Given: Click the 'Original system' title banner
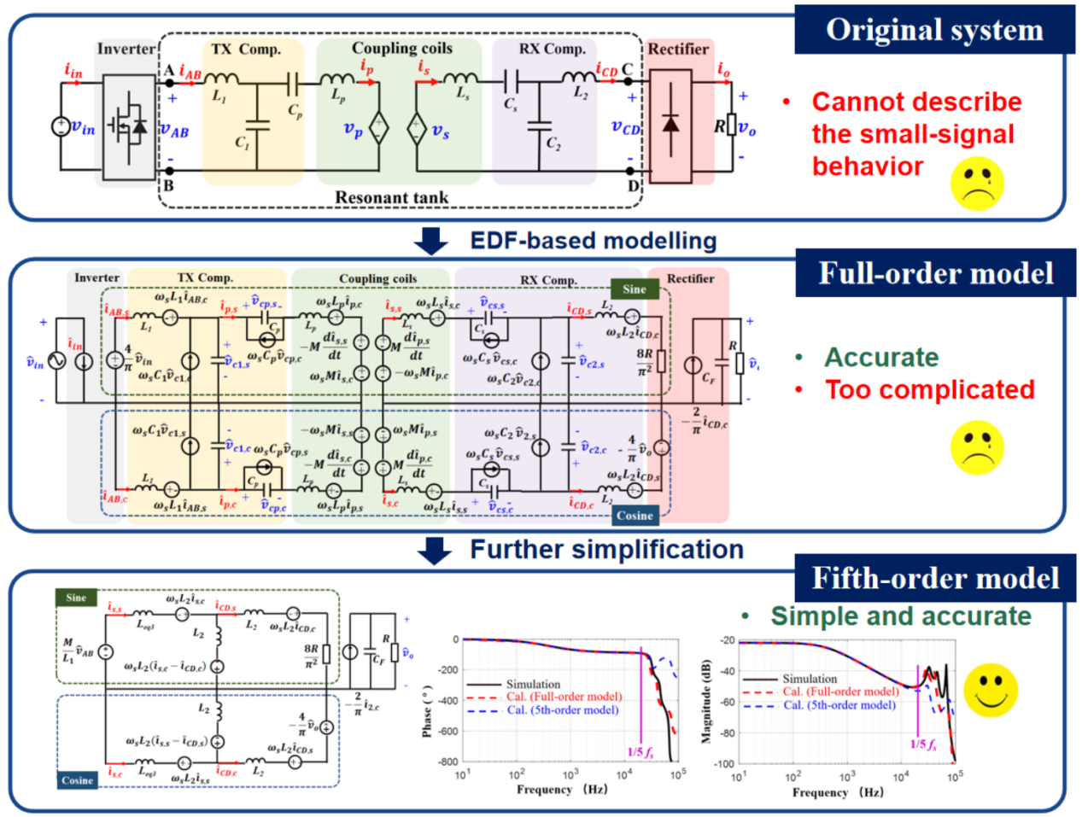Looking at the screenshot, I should (x=934, y=30).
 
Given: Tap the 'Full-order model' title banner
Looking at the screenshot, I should (x=936, y=273).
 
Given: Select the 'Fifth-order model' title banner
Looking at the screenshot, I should (x=935, y=578).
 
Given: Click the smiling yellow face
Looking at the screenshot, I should (x=991, y=690).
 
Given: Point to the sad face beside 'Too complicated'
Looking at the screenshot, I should (x=977, y=447).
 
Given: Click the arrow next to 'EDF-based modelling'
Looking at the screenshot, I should (x=431, y=241).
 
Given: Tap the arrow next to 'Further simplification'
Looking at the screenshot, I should (x=435, y=550).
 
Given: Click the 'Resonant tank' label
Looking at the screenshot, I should (x=391, y=198).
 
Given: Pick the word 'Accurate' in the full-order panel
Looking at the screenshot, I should (x=881, y=357).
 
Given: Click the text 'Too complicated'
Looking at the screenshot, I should (x=929, y=389).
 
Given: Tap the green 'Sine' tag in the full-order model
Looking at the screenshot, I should (x=634, y=289).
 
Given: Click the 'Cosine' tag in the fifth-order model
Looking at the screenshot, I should (x=77, y=780).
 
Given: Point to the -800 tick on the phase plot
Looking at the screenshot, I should (x=447, y=762).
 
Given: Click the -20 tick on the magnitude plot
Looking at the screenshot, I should (x=727, y=640).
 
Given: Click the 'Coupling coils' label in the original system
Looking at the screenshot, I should (x=401, y=49).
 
